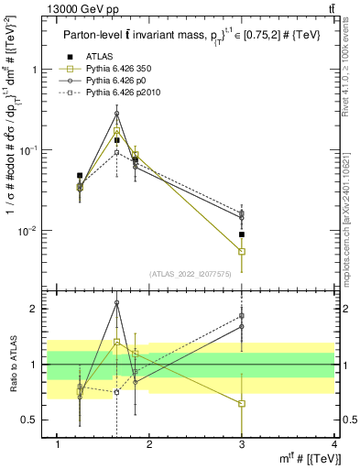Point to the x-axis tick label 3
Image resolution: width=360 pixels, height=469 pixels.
[242, 444]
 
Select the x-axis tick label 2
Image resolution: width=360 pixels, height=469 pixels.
[150, 444]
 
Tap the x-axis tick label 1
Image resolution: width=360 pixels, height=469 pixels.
[59, 444]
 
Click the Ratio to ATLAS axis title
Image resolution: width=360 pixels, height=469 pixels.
[11, 365]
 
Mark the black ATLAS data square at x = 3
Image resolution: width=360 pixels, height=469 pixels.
[242, 234]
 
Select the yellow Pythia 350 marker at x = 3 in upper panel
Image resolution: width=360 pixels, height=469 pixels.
[242, 251]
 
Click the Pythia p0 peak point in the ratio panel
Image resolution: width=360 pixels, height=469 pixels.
[116, 302]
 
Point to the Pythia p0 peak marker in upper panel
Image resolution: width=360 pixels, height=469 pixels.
[116, 114]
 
